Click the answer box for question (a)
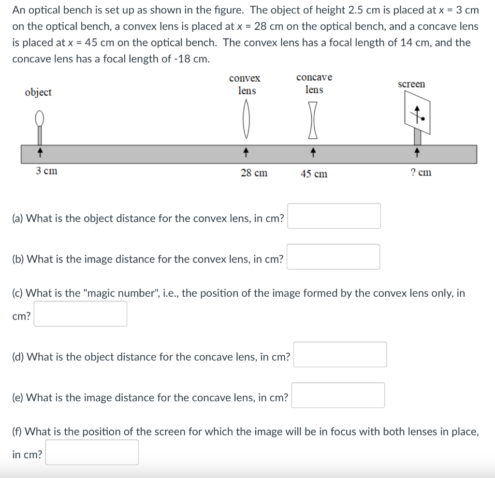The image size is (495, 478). click(334, 216)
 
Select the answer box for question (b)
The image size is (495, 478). click(334, 257)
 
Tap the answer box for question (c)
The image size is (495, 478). click(80, 314)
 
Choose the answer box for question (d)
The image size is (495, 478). click(340, 355)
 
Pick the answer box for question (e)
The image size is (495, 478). click(338, 395)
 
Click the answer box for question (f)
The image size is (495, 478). click(92, 452)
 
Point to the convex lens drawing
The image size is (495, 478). click(247, 118)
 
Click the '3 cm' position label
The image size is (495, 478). click(46, 171)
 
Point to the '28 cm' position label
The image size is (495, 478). click(254, 173)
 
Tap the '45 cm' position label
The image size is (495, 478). click(314, 174)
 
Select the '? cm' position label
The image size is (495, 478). click(421, 173)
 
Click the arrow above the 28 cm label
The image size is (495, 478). click(247, 153)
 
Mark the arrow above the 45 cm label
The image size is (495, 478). click(314, 153)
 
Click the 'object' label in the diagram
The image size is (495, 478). click(38, 92)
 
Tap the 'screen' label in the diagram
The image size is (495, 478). click(411, 84)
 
